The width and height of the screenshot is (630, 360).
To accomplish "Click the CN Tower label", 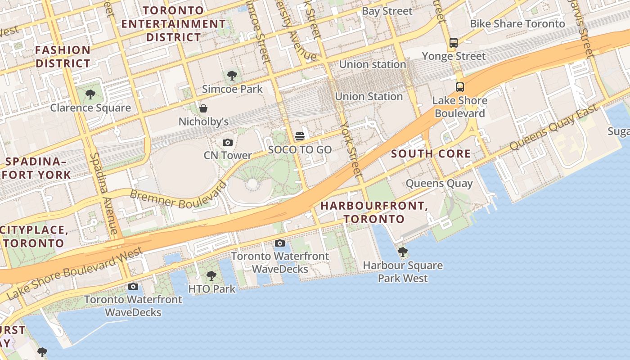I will (228, 155).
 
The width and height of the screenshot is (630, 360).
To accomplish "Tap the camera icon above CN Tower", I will (228, 143).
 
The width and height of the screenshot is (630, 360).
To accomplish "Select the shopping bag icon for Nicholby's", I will (203, 108).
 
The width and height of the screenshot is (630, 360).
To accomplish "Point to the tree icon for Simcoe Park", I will (232, 76).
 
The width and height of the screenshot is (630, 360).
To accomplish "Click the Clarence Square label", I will (90, 108).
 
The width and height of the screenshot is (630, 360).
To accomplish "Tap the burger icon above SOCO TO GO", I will (300, 136).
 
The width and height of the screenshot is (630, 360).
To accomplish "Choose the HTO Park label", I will (211, 289).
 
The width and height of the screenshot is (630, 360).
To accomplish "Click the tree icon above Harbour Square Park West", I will (403, 252).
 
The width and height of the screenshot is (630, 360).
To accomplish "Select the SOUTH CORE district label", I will (431, 154).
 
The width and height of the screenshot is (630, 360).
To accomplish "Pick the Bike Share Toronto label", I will (517, 24).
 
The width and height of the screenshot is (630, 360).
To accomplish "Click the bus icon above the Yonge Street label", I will (454, 43).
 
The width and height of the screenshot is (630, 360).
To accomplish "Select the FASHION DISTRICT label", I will (63, 57).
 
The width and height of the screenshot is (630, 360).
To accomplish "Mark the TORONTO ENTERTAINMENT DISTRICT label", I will (173, 23).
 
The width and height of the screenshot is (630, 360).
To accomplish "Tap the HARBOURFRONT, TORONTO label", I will (374, 212).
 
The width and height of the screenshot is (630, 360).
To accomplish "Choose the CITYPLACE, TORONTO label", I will (34, 237).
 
